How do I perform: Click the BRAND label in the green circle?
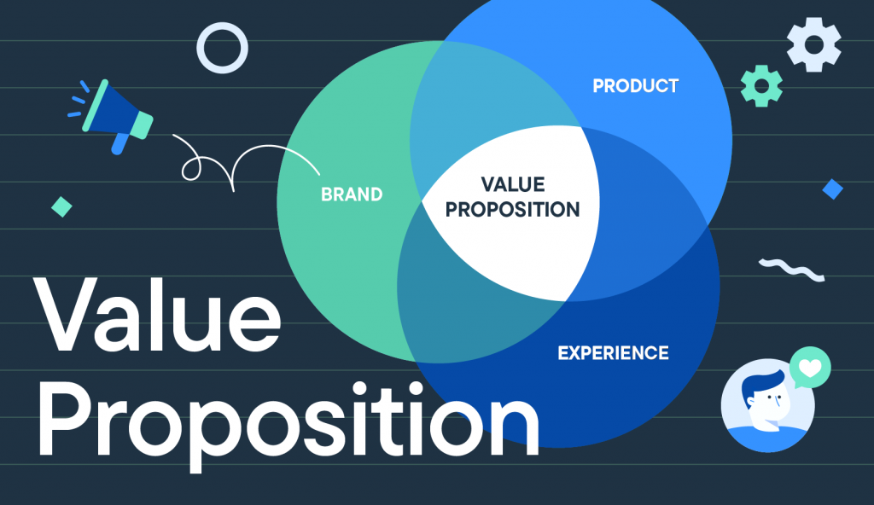click(352, 194)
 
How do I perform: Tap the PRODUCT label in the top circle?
click(635, 86)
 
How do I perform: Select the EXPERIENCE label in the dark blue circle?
click(613, 352)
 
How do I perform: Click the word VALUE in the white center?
click(512, 184)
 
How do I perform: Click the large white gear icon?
click(813, 44)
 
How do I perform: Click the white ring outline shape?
click(223, 48)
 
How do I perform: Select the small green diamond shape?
click(61, 206)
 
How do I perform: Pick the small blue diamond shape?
click(832, 189)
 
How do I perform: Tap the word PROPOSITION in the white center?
click(512, 209)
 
